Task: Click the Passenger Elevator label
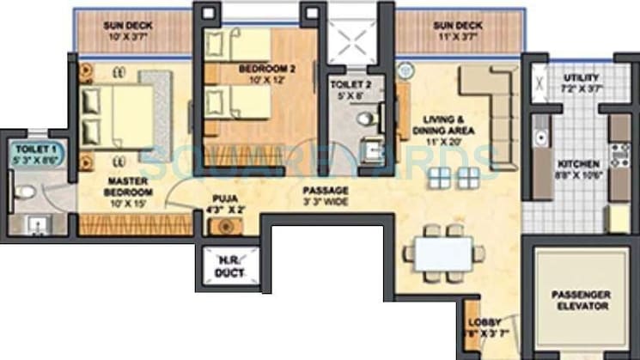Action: (x=582, y=299)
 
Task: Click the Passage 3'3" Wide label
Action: (x=326, y=194)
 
